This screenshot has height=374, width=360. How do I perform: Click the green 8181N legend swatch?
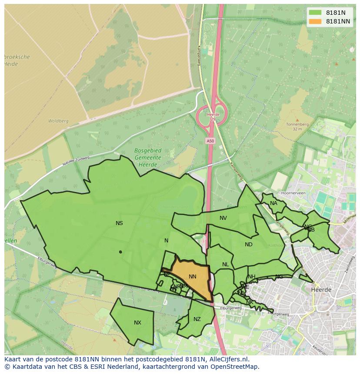(315, 13)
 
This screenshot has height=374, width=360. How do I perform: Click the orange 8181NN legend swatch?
(315, 21)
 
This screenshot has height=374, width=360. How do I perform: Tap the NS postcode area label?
(119, 223)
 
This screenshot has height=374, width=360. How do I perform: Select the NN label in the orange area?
(193, 277)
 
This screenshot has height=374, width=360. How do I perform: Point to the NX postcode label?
(137, 323)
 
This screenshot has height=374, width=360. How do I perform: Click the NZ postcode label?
(197, 319)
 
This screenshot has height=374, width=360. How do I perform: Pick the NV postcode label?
(223, 218)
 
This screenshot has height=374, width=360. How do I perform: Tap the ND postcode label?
(249, 245)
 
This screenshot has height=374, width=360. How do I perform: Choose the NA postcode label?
(273, 203)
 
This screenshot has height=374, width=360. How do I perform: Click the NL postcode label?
(225, 265)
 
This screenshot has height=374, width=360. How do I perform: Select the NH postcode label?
(252, 277)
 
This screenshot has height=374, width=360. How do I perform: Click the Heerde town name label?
(321, 289)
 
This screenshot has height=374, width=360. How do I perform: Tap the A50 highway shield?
(210, 141)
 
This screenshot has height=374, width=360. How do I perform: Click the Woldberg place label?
(58, 121)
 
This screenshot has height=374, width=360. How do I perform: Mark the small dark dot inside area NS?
(120, 252)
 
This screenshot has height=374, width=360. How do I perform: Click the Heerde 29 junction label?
(213, 116)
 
